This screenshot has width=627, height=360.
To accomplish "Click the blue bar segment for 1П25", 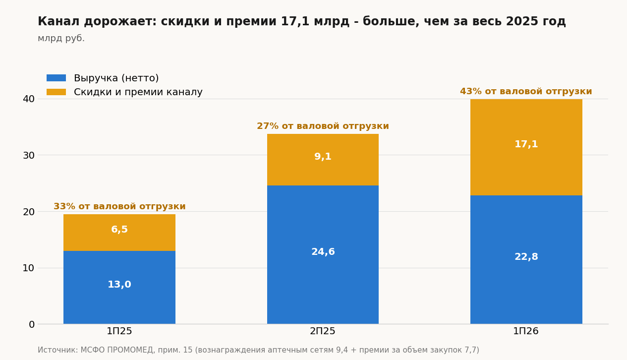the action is coord(119,288).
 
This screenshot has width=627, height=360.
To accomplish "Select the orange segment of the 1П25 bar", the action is coord(119,233).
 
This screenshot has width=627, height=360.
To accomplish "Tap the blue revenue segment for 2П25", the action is coord(323,255).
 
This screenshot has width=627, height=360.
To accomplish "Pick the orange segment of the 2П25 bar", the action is coord(323,160).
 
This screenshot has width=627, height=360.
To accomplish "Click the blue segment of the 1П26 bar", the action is coord(526,260).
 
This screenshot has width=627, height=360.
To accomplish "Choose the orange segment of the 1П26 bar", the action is coord(526,147).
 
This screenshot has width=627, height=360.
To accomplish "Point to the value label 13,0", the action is coord(119,285).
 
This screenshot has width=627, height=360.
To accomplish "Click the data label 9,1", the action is coord(323,157).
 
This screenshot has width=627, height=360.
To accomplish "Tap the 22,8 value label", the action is coord(526,257).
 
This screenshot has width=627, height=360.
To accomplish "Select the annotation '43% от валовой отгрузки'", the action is coord(526,92).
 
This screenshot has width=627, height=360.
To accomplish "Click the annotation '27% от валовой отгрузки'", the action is coord(323,126).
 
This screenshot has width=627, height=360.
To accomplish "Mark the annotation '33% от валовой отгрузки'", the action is coord(119,207).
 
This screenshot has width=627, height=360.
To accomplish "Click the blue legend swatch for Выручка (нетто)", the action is coord(57,78).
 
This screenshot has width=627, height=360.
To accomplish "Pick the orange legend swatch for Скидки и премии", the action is coord(57,92).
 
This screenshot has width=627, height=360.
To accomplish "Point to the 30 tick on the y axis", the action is coord(29,155).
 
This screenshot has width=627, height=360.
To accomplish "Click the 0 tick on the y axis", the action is coord(32,324).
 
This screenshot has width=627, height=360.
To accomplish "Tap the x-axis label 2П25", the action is coord(323,331).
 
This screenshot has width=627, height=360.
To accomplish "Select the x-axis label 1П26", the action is coord(526,331).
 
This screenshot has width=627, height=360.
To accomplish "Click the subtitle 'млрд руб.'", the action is coord(61,38).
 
